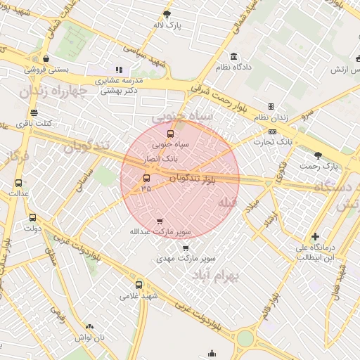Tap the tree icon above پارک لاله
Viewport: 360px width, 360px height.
click(167, 14)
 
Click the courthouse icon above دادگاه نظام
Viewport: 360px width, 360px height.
click(233, 57)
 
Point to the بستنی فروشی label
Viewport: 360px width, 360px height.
click(46, 70)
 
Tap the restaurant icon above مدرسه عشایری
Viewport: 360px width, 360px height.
click(119, 70)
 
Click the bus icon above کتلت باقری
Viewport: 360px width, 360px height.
click(34, 112)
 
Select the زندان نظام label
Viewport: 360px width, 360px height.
click(271, 118)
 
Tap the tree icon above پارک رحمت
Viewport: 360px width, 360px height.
click(318, 155)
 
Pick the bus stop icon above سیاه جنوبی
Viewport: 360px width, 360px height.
click(169, 133)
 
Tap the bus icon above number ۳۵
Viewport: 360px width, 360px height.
click(146, 179)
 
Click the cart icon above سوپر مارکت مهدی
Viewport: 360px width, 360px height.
click(185, 247)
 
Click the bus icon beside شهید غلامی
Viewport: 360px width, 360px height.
click(139, 285)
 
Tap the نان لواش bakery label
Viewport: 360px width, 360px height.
click(89, 337)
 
